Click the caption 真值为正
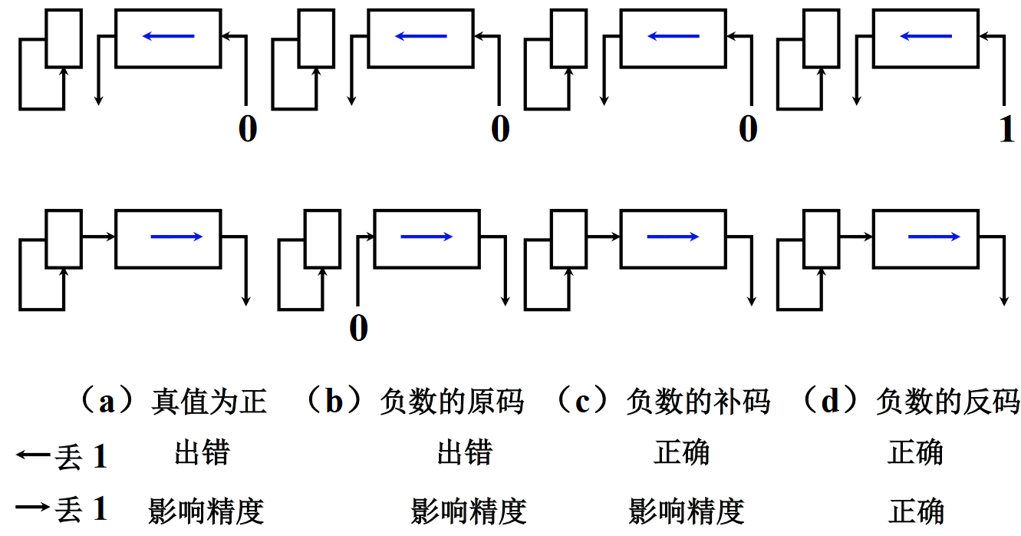click(209, 402)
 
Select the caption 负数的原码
click(452, 402)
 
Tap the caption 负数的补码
click(697, 402)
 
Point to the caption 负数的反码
click(947, 402)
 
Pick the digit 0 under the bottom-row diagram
click(358, 329)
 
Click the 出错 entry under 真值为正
click(202, 452)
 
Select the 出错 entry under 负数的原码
click(465, 452)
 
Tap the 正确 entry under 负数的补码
click(681, 452)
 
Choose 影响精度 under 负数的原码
click(469, 511)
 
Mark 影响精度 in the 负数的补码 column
click(687, 511)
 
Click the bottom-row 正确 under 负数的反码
click(916, 511)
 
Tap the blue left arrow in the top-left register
click(168, 36)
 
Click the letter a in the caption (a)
click(107, 402)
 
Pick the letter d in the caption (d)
click(831, 402)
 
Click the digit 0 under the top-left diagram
click(247, 129)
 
